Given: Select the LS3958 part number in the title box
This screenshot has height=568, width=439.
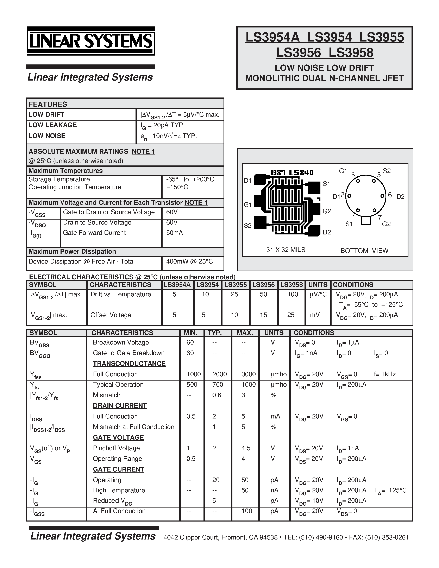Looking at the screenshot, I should click(x=351, y=53).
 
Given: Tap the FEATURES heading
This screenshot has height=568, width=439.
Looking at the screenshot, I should click(x=48, y=104).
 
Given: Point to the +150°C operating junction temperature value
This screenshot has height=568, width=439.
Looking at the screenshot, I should click(x=177, y=187).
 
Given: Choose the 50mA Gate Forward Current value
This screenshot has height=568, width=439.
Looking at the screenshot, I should click(x=175, y=233).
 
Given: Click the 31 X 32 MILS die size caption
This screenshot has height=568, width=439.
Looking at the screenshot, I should click(x=286, y=250).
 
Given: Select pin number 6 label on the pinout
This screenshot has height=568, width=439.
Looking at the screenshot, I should click(x=390, y=195).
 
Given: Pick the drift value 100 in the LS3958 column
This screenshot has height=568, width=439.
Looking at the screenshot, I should click(x=293, y=294).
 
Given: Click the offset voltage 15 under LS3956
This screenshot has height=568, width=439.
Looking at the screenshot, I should click(x=263, y=315).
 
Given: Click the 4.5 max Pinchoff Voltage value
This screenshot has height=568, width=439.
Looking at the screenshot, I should click(x=246, y=448).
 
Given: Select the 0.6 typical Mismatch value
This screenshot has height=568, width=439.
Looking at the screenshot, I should click(x=217, y=395).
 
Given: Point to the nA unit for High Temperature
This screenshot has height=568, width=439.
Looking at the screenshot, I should click(x=274, y=490).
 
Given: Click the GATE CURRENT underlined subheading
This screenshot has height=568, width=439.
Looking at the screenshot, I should click(x=118, y=469).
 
